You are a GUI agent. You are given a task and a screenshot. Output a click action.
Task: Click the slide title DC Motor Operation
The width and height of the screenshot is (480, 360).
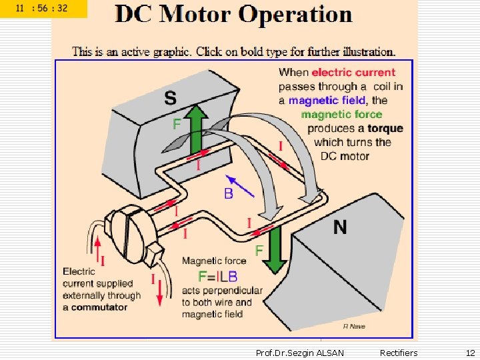tap(233, 15)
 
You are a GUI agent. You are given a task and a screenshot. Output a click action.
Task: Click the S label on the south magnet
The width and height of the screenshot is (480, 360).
tap(171, 99)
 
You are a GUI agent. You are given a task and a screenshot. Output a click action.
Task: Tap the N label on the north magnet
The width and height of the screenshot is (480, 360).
tap(340, 227)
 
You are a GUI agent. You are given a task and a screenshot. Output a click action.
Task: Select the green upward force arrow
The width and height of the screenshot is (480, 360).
tap(195, 130)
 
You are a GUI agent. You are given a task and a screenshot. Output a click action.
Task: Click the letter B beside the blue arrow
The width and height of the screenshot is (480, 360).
tap(229, 194)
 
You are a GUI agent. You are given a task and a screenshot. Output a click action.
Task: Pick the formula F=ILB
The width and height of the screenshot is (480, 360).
tap(218, 275)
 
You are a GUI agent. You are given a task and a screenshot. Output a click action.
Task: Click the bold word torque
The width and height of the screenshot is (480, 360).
tap(385, 128)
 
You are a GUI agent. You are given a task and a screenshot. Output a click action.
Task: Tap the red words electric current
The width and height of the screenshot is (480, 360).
tap(353, 72)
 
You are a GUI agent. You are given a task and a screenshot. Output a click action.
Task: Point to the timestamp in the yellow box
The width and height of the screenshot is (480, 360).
tap(43, 9)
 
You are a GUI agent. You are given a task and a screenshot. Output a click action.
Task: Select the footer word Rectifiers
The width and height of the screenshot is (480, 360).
tap(399, 352)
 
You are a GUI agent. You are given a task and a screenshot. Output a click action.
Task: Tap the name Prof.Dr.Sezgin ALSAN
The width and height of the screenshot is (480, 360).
tap(300, 352)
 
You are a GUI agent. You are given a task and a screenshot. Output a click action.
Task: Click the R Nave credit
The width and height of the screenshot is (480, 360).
tap(354, 325)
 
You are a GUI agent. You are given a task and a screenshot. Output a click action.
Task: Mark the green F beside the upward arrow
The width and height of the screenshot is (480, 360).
tap(177, 124)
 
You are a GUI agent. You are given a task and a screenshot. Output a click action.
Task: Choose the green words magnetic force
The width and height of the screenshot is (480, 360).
tap(341, 114)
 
